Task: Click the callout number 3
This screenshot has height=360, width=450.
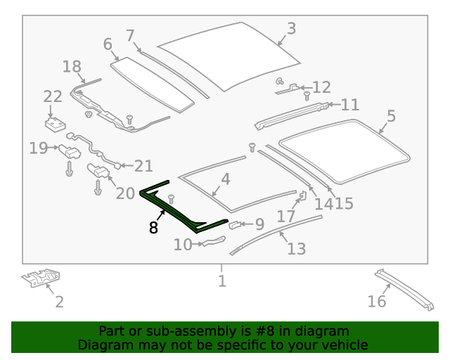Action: tap(291, 29)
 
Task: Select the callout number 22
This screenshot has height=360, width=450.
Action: tap(53, 97)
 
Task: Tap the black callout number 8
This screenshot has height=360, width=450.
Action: tap(153, 227)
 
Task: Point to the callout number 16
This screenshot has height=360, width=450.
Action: tap(377, 301)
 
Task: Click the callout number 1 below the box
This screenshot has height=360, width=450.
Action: tap(221, 281)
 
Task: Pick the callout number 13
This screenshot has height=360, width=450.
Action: tap(296, 248)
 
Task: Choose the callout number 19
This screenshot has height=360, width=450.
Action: tap(38, 148)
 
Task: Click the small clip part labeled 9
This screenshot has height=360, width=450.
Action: tap(236, 226)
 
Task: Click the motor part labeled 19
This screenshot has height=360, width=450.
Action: tap(69, 150)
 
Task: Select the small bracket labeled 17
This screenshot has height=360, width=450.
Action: tap(303, 196)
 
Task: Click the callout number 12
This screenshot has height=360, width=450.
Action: tap(321, 87)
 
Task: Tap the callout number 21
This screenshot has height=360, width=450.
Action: tap(143, 166)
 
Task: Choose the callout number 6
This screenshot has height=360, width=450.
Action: tap(107, 44)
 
